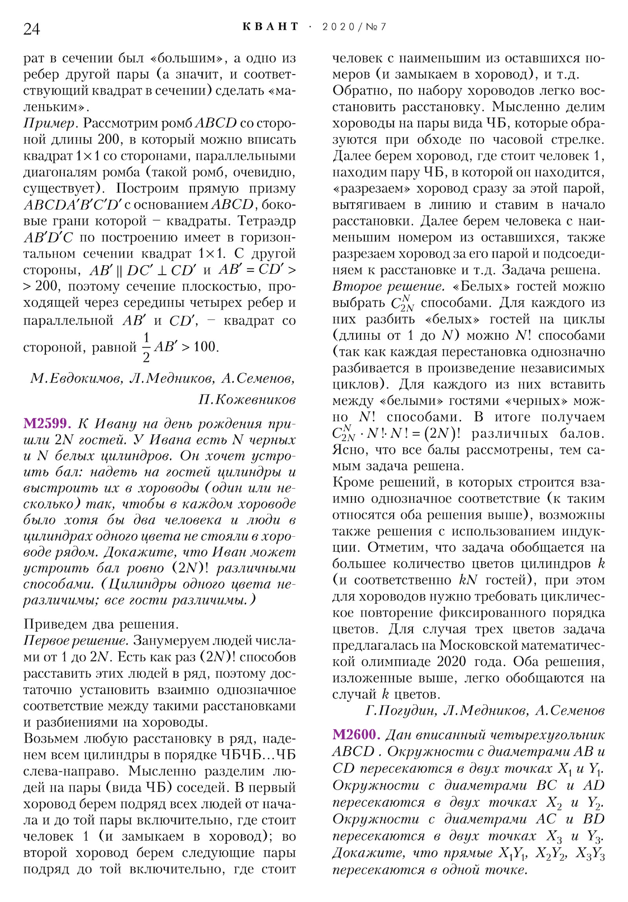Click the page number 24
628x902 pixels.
(x=31, y=29)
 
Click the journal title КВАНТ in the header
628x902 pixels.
(x=270, y=27)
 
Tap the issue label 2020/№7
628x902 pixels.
(x=354, y=27)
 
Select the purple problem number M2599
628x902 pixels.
(x=47, y=423)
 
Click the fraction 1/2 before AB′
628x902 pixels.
(x=146, y=347)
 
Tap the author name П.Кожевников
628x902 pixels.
(x=247, y=400)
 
